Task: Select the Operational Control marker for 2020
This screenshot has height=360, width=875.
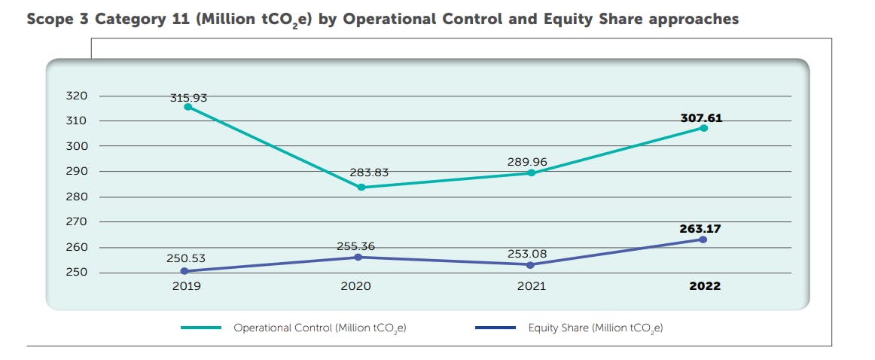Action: (x=361, y=187)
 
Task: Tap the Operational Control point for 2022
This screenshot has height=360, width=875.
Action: (x=703, y=128)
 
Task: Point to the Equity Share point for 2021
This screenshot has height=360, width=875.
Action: (x=531, y=265)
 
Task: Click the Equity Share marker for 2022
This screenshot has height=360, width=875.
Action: (x=703, y=239)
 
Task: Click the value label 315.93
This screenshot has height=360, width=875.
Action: (x=188, y=97)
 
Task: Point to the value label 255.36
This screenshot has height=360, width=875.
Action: (x=355, y=246)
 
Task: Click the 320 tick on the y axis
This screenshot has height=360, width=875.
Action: (x=78, y=96)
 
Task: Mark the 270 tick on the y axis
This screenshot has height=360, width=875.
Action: (x=78, y=222)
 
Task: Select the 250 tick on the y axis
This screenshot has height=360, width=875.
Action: (x=78, y=273)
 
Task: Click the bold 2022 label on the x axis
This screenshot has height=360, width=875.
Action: (x=705, y=286)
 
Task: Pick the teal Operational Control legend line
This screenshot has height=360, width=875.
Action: (x=201, y=328)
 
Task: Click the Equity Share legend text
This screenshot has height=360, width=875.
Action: (x=595, y=328)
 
